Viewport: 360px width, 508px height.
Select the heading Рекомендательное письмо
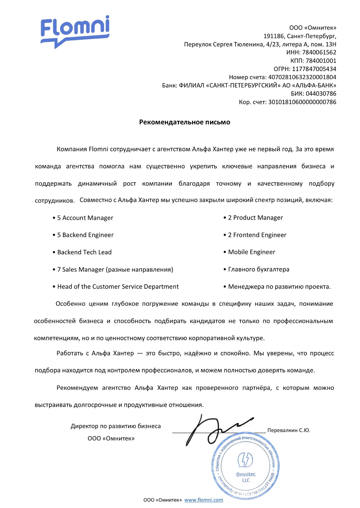click(185, 122)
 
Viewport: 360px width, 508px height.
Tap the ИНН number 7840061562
click(319, 52)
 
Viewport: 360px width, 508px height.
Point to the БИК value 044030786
click(321, 94)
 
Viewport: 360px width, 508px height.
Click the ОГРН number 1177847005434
click(314, 69)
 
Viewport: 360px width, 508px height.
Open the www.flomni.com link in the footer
click(204, 500)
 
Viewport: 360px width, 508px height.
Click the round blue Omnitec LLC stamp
click(245, 466)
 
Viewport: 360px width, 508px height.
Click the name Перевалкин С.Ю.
click(289, 430)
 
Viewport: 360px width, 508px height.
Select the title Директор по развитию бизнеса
click(116, 426)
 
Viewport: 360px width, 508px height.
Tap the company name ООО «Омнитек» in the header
click(313, 28)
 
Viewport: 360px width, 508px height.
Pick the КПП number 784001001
click(321, 61)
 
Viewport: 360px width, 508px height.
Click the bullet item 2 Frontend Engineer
click(257, 235)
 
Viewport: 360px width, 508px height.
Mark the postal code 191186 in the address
click(274, 36)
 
